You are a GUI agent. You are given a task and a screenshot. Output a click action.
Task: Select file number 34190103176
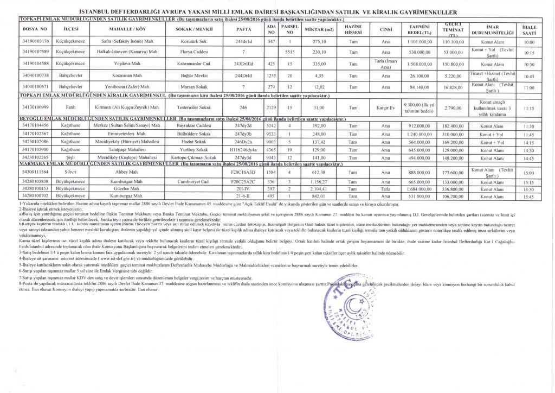[37, 42]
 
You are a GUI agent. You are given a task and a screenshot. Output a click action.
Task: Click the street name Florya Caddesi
[193, 52]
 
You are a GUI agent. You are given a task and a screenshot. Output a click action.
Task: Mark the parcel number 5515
[289, 52]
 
